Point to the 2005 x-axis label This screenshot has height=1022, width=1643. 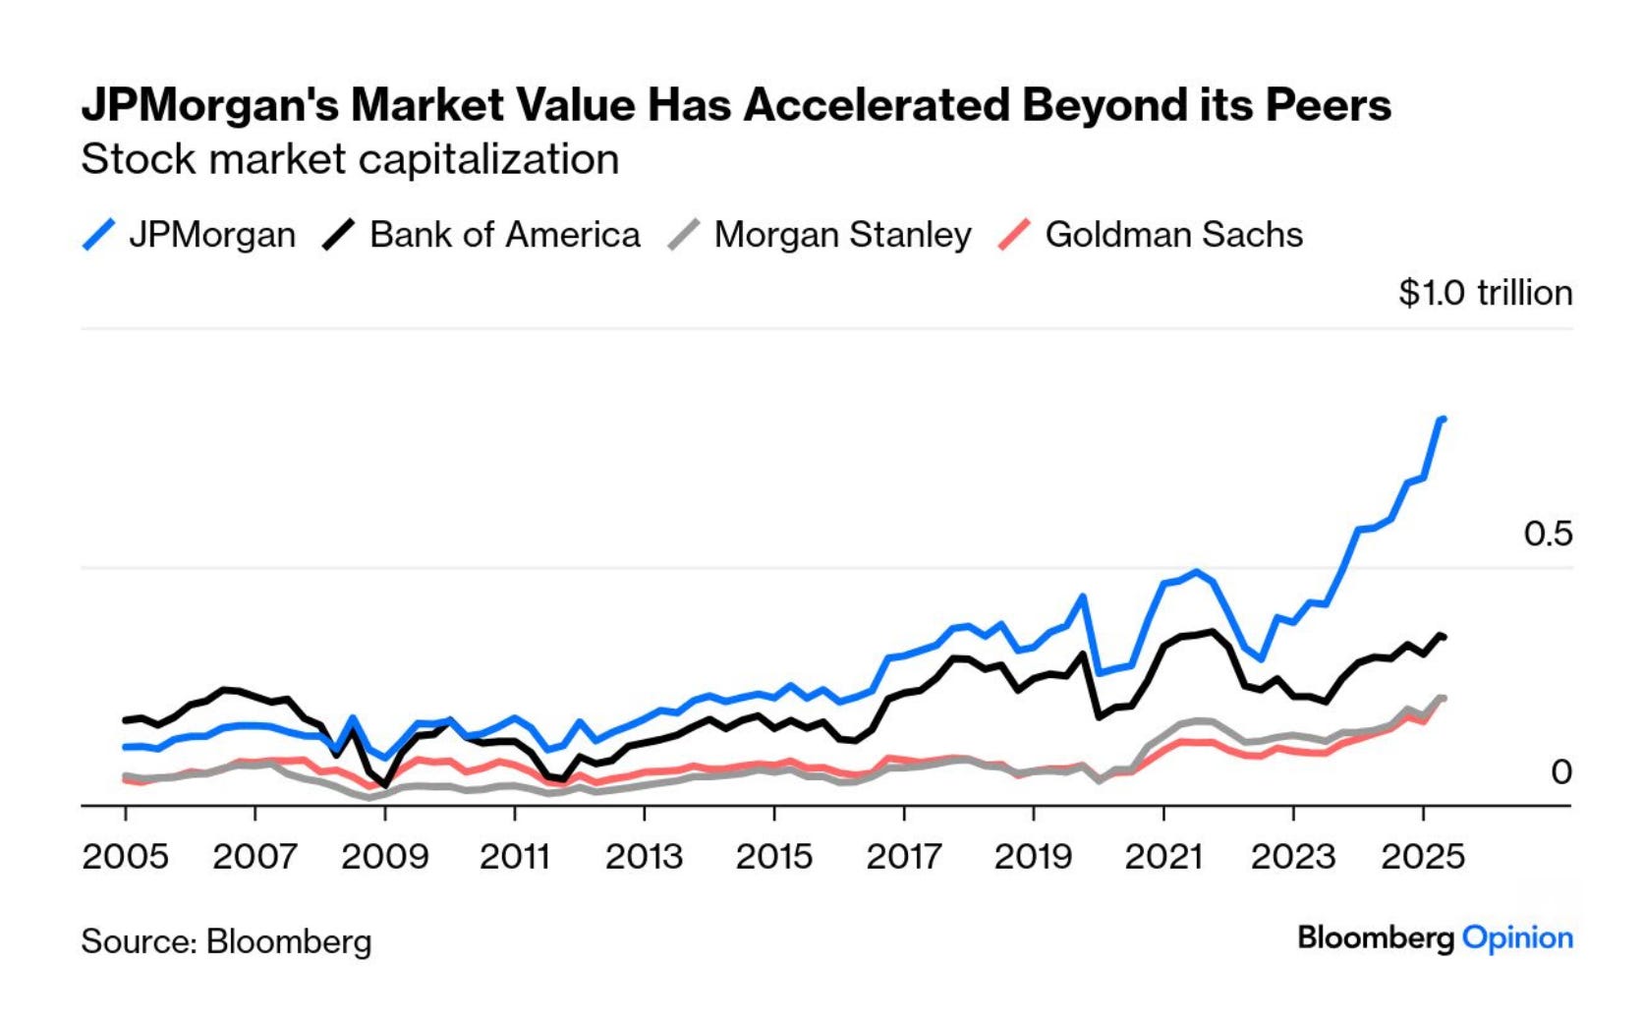pos(125,856)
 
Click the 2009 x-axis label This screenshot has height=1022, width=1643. pos(384,856)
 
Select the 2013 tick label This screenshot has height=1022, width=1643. pos(644,856)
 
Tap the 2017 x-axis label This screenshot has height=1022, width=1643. pos(903,856)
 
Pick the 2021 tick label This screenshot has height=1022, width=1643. pos(1163,856)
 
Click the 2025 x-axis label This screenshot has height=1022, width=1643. pos(1422,856)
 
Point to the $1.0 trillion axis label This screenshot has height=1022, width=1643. pos(1485,293)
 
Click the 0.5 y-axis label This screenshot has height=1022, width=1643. pos(1548,534)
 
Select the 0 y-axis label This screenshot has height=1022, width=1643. pos(1560,772)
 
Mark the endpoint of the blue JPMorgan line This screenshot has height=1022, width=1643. pos(1442,420)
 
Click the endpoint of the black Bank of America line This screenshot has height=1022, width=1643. pos(1442,637)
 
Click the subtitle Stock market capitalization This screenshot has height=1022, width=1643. pos(350,159)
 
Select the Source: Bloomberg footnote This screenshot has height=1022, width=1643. pos(226,941)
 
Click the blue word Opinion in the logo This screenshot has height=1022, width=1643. pos(1517,937)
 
